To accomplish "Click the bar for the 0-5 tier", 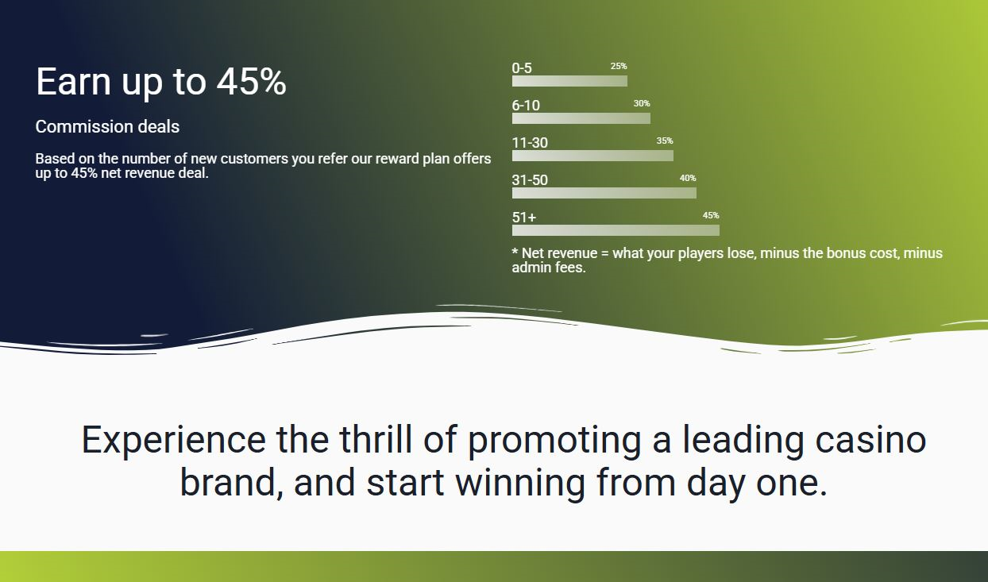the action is [569, 81].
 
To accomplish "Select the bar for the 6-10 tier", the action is [581, 118].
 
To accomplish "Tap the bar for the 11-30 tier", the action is [592, 156].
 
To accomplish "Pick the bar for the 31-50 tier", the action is [604, 193].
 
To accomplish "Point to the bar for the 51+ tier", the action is [616, 230].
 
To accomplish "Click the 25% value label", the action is [619, 66].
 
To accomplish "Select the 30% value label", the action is [642, 103].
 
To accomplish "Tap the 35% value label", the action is [665, 141].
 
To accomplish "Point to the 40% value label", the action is [688, 178].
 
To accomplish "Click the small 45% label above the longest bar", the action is [711, 215].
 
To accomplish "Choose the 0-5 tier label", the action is [522, 68].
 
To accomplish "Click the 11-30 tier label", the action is [530, 143].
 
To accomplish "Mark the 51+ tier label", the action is [524, 218].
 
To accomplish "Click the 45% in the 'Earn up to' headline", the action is [252, 82].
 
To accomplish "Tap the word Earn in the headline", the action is [73, 82].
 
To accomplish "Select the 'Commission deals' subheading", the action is [107, 126].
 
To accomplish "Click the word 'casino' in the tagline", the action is [870, 440].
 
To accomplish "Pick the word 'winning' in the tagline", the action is [520, 484].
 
